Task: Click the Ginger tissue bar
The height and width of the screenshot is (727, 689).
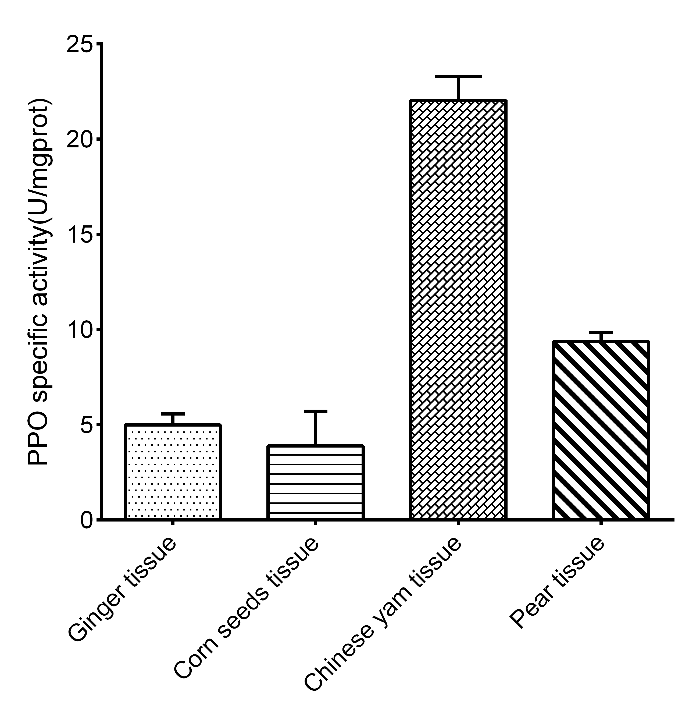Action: click(x=173, y=472)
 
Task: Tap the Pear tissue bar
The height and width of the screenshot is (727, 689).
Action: click(x=601, y=430)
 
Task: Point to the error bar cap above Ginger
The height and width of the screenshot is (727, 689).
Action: click(x=173, y=414)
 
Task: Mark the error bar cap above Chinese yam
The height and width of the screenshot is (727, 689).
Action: click(x=458, y=76)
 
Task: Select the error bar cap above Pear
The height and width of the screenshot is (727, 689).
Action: click(x=601, y=332)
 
